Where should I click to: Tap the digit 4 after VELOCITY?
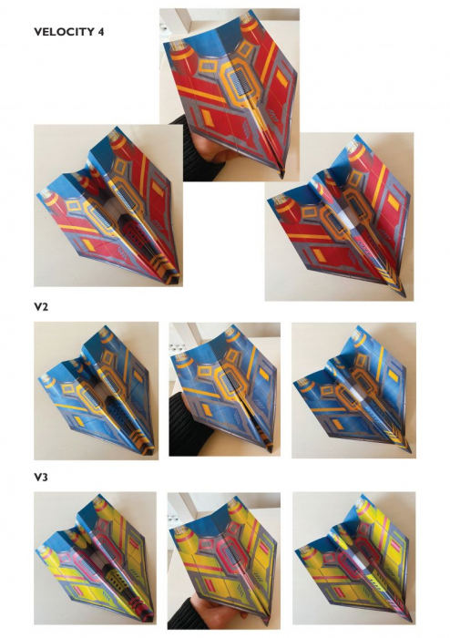[x=101, y=32]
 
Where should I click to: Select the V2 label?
[x=41, y=306]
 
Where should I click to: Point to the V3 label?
[x=41, y=477]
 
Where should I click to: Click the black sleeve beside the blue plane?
[x=187, y=427]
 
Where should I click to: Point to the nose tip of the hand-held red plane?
[x=281, y=178]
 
